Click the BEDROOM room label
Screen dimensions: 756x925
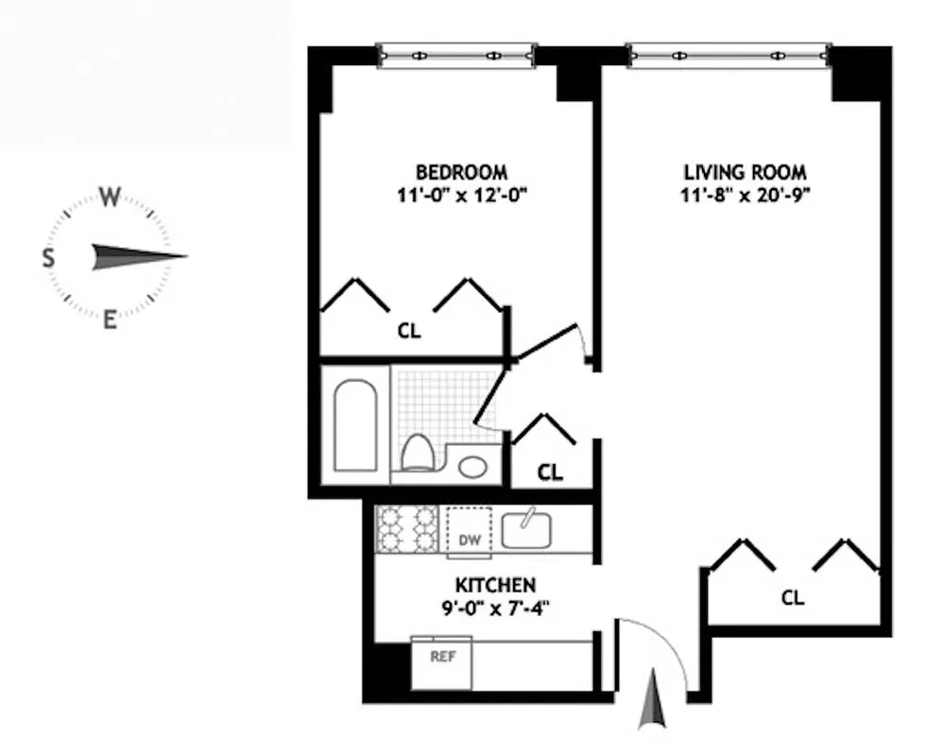(x=461, y=172)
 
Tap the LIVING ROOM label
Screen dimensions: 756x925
(x=745, y=172)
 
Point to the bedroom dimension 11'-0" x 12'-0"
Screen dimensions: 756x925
(x=461, y=197)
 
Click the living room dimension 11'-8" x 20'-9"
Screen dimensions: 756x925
(x=745, y=197)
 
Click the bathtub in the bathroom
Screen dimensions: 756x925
(x=356, y=424)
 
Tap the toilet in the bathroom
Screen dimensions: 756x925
(x=417, y=451)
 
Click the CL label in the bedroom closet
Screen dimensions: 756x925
(x=408, y=332)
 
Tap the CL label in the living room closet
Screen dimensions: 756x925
(x=794, y=597)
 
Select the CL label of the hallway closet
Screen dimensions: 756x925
(x=550, y=472)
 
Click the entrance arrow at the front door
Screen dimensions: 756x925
(x=653, y=700)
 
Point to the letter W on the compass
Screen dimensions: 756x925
(x=110, y=198)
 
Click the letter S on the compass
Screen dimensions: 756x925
(x=47, y=257)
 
